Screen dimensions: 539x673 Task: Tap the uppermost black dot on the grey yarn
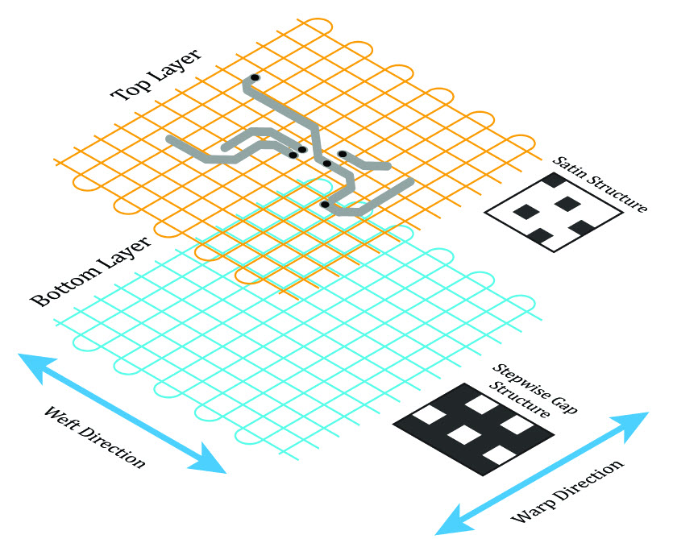[255, 77]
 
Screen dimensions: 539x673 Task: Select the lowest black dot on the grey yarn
[325, 205]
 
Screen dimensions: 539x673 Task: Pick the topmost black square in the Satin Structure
[554, 180]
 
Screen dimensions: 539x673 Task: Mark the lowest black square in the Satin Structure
[541, 235]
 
